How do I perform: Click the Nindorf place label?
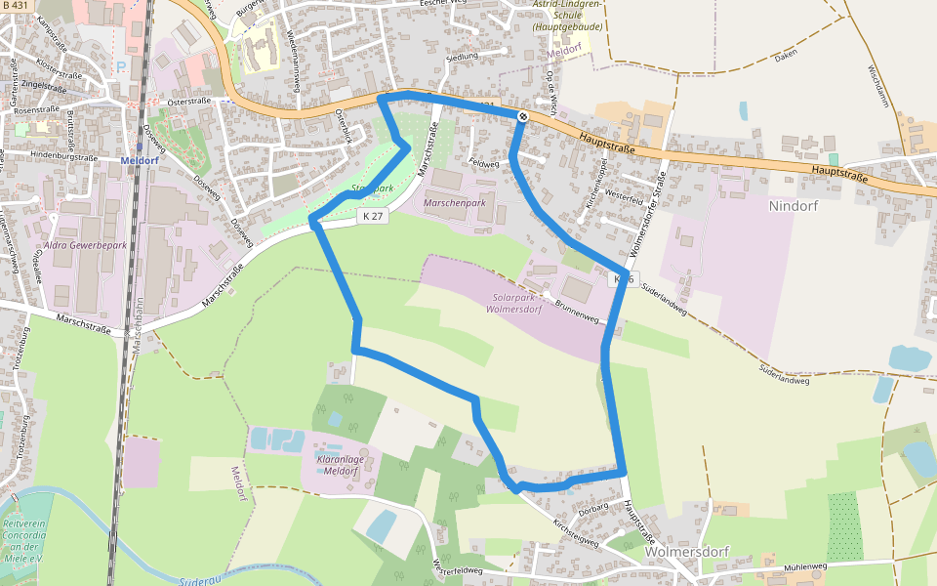pyautogui.click(x=793, y=206)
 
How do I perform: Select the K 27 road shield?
pyautogui.click(x=372, y=216)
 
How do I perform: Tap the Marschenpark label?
pyautogui.click(x=455, y=202)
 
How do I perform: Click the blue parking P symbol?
pyautogui.click(x=120, y=67)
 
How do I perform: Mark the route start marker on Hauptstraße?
pyautogui.click(x=522, y=117)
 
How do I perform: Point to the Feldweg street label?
pyautogui.click(x=483, y=164)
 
